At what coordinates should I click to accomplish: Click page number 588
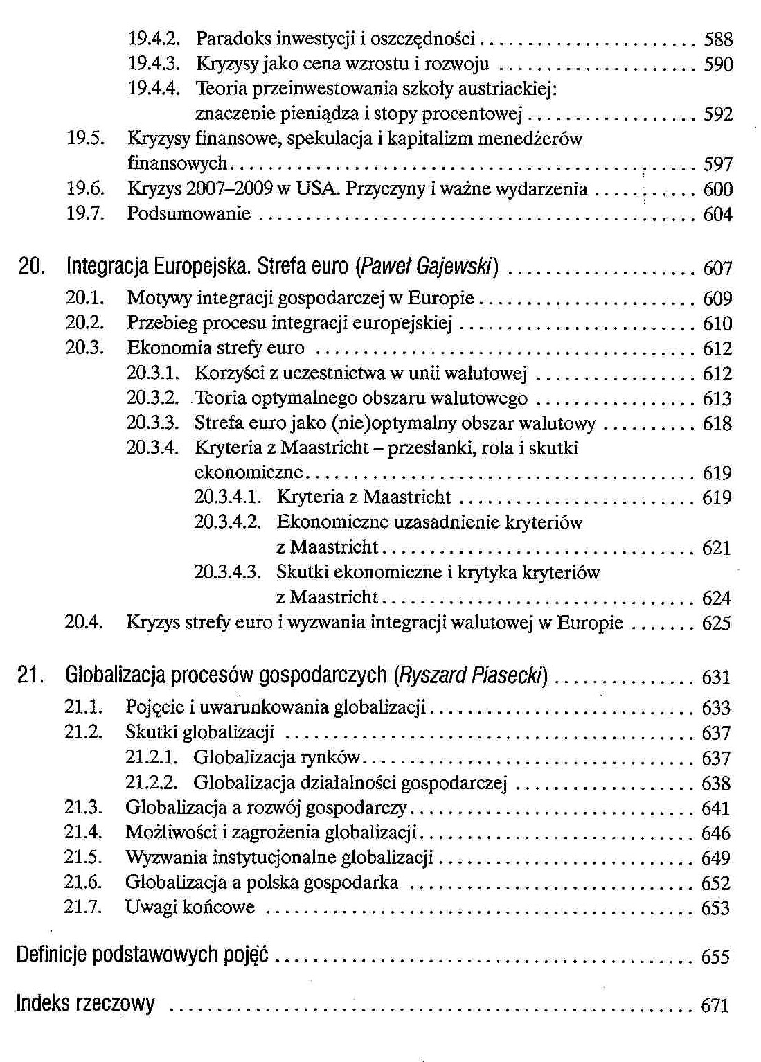(x=718, y=39)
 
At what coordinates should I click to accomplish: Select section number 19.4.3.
(x=154, y=64)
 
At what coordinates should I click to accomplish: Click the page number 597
(x=718, y=164)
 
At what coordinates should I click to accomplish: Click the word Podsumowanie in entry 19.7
(x=189, y=214)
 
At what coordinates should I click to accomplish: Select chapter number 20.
(x=28, y=267)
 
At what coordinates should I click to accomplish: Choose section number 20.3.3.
(x=153, y=423)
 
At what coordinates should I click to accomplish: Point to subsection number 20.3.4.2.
(x=227, y=522)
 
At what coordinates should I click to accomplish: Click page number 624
(x=717, y=598)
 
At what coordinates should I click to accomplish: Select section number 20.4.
(x=84, y=623)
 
